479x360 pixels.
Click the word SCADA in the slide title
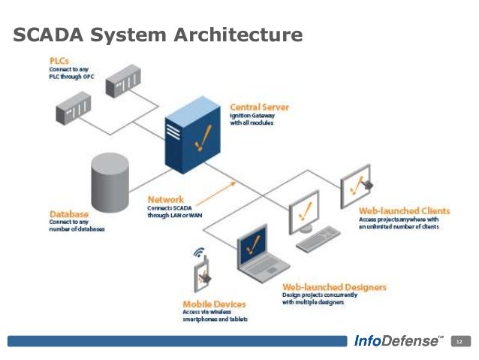click(x=48, y=35)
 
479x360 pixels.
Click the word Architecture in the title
click(x=238, y=35)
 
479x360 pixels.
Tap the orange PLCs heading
click(x=59, y=61)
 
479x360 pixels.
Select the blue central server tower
click(x=192, y=135)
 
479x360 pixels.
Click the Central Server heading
click(x=259, y=107)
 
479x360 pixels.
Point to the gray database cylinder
click(x=110, y=183)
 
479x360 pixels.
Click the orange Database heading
click(x=69, y=213)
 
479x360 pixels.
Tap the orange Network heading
click(x=166, y=199)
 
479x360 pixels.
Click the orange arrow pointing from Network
click(x=216, y=194)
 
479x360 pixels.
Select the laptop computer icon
click(x=261, y=254)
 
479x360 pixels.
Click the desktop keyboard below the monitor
click(x=318, y=239)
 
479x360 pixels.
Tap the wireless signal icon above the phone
click(x=198, y=252)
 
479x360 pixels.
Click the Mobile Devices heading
click(x=214, y=304)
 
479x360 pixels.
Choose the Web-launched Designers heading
click(x=335, y=287)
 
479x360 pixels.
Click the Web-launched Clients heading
click(x=405, y=210)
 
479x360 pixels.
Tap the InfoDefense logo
click(x=399, y=340)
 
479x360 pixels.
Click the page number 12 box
click(x=461, y=341)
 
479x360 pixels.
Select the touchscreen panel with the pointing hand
click(x=356, y=186)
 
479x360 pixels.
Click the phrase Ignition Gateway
click(x=252, y=116)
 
